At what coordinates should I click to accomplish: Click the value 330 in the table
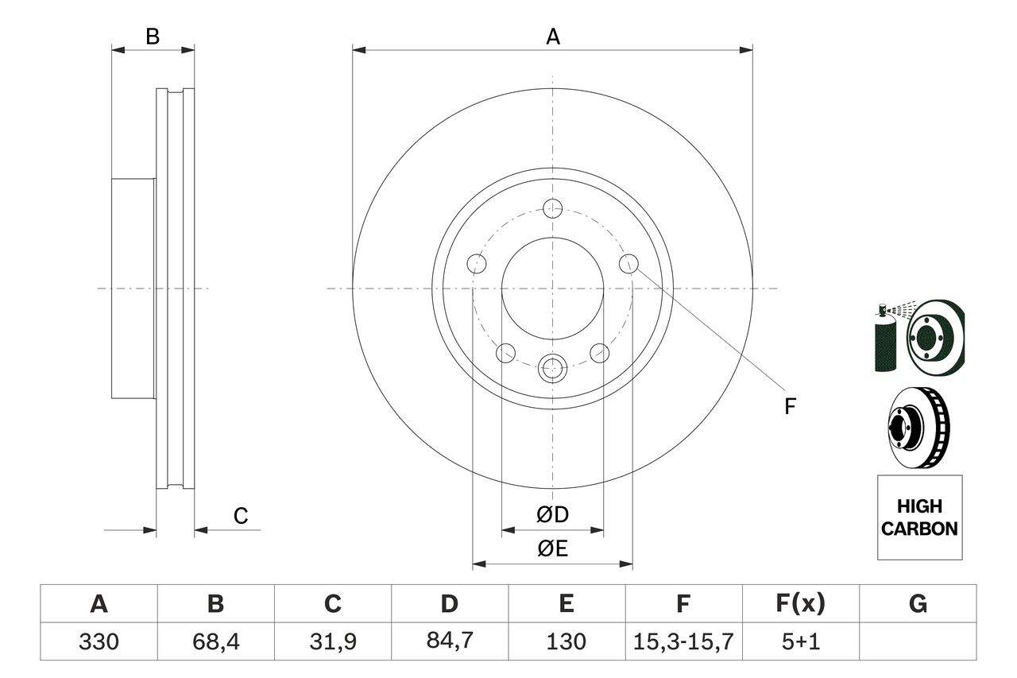[99, 641]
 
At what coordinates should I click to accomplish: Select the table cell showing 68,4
[215, 641]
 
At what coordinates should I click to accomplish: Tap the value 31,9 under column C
[332, 641]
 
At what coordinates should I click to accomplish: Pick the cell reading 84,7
[449, 641]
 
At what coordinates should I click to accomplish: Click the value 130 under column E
[566, 641]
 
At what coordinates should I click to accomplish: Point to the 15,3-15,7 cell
[683, 641]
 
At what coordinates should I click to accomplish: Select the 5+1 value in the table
[799, 641]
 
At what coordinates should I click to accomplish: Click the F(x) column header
[799, 605]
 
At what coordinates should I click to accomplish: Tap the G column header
[918, 605]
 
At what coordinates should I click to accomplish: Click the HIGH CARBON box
[919, 517]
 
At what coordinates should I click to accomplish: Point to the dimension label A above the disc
[553, 36]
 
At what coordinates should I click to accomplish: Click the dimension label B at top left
[153, 36]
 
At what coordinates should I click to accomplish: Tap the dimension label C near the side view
[241, 516]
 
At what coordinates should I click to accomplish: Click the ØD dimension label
[553, 515]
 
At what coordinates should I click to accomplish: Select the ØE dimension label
[553, 549]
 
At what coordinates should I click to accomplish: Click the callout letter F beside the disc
[789, 407]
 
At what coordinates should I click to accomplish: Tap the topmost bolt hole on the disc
[553, 209]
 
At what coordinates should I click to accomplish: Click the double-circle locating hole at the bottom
[553, 368]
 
